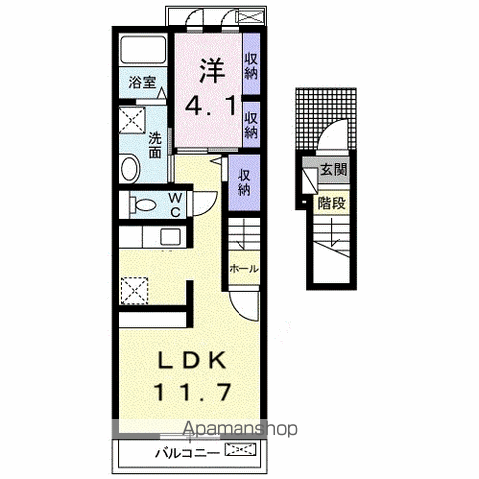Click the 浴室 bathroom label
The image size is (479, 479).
(143, 82)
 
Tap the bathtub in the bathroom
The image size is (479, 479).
(143, 49)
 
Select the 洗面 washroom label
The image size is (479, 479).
(155, 145)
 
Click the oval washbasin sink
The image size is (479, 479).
(130, 169)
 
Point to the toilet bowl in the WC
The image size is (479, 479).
(143, 205)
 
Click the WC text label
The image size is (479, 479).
(175, 205)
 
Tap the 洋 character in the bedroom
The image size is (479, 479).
(212, 70)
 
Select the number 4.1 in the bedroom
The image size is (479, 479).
(210, 105)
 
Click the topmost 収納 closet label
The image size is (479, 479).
(251, 67)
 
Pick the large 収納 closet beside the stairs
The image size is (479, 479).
(244, 182)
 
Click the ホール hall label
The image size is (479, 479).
(244, 268)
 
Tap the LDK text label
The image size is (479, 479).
(191, 360)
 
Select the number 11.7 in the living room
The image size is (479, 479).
(192, 392)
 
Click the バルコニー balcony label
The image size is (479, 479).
(187, 453)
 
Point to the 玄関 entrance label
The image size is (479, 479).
(333, 170)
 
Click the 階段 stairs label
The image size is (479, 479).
(331, 203)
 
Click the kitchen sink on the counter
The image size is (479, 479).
(170, 237)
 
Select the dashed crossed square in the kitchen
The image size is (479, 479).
(134, 291)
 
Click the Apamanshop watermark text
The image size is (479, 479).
(240, 429)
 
